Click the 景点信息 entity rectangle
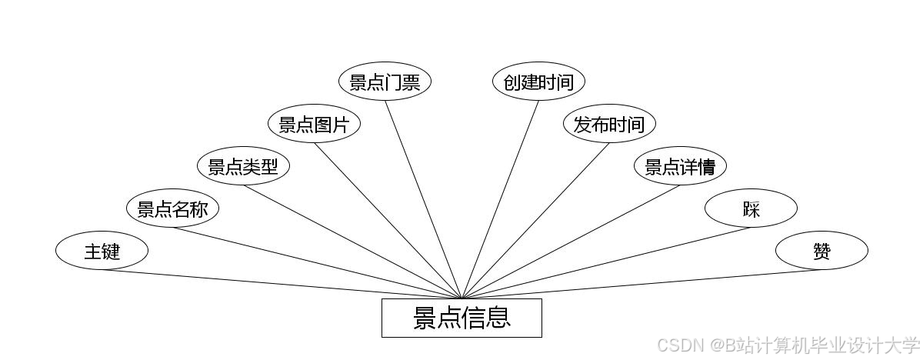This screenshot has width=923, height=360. click(x=461, y=318)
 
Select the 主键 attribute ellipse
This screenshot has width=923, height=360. click(x=102, y=251)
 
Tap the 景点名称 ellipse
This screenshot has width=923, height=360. click(x=172, y=208)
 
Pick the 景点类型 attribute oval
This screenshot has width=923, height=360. click(x=243, y=166)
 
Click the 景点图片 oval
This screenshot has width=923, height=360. click(x=314, y=124)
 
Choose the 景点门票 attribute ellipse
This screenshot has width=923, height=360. click(x=385, y=82)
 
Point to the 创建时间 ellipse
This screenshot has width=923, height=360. click(x=538, y=82)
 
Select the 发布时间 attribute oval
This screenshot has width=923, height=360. click(x=609, y=124)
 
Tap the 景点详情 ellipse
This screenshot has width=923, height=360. click(x=680, y=166)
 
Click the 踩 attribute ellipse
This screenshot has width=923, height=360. click(x=751, y=208)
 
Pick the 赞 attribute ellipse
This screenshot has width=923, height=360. click(x=821, y=251)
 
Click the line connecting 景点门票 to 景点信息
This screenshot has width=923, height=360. click(x=423, y=199)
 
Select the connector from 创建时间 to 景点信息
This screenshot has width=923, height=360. click(x=500, y=199)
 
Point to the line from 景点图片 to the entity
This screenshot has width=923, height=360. click(x=388, y=221)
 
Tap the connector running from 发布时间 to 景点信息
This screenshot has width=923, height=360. click(x=535, y=221)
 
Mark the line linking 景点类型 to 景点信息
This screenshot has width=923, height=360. click(x=352, y=242)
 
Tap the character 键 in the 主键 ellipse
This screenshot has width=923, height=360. click(x=112, y=251)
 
